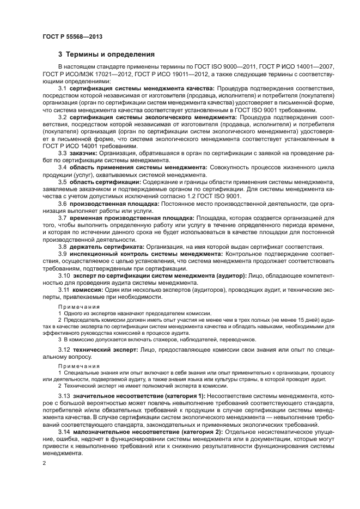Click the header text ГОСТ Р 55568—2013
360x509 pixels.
click(x=72, y=36)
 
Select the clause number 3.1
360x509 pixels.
click(x=63, y=88)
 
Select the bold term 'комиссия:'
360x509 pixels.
click(x=86, y=290)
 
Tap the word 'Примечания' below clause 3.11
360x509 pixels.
click(x=75, y=307)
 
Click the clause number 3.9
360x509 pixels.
click(x=63, y=254)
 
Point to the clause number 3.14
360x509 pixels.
click(x=64, y=432)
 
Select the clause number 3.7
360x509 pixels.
click(x=63, y=218)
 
